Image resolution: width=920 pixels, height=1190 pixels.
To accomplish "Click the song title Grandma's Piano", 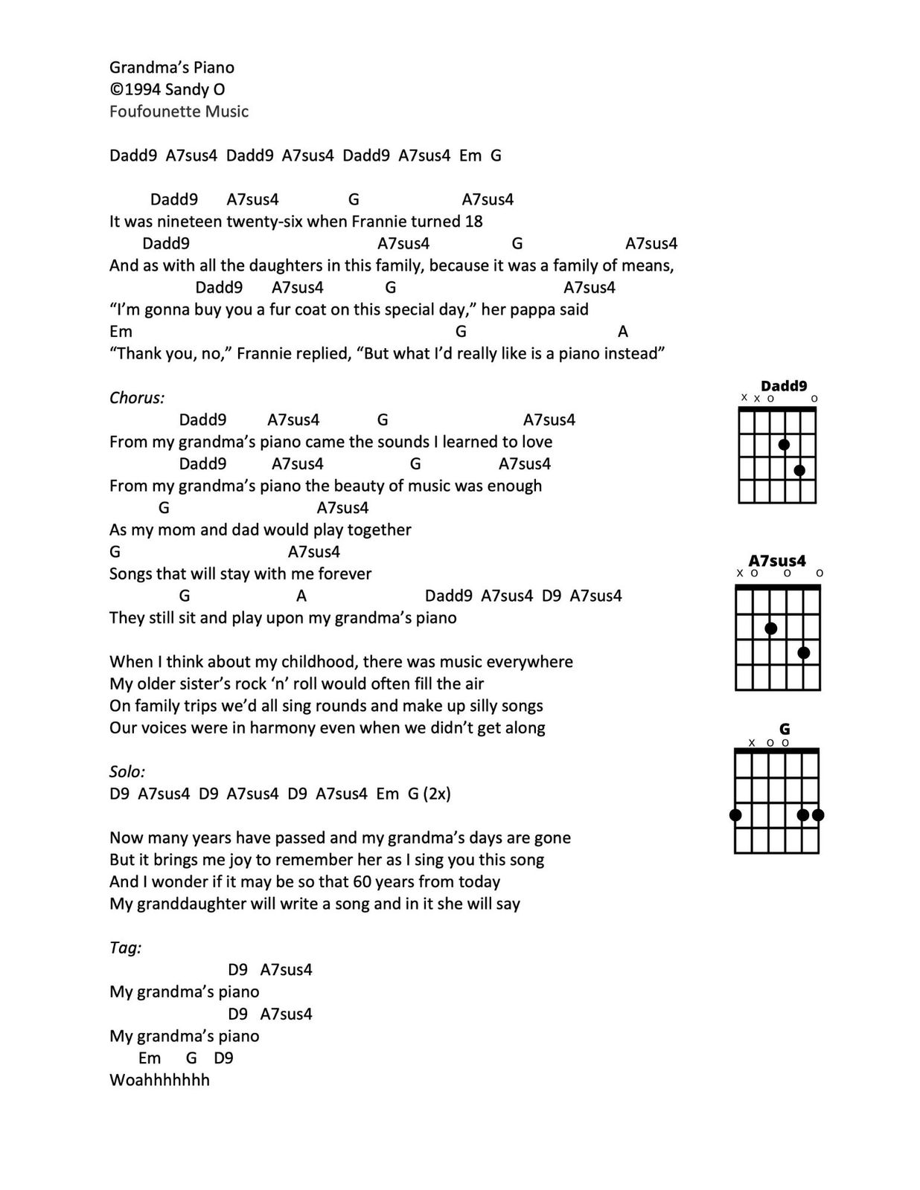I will click(172, 68).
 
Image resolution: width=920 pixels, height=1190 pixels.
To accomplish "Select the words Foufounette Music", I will click(179, 112).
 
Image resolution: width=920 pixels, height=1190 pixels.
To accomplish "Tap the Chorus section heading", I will click(137, 398).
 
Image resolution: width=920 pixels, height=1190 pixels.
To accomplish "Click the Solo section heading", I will click(127, 772).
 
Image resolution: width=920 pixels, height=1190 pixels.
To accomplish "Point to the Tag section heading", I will click(125, 948).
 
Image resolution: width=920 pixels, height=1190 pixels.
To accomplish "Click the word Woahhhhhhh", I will click(159, 1080).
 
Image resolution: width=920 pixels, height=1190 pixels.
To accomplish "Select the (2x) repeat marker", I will click(437, 794).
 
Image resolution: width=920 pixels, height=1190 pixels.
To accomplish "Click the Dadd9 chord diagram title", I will click(784, 385).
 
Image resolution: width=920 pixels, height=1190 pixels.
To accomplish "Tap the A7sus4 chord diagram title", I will click(777, 561).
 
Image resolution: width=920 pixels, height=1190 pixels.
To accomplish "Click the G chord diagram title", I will click(785, 729).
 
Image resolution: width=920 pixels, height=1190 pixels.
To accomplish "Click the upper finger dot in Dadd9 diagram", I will click(784, 445).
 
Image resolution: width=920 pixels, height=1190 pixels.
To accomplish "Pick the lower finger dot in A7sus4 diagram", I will click(803, 653).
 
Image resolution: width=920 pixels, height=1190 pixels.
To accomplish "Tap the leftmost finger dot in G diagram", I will click(735, 815).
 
